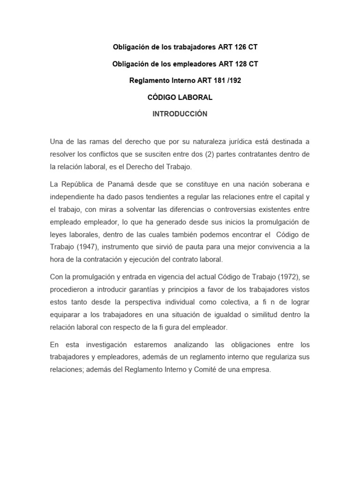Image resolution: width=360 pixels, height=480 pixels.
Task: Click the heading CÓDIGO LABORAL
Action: point(180,97)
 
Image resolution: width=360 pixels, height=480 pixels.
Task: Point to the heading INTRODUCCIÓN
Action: point(180,114)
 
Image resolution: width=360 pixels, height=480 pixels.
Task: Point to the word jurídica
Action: point(238,142)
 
